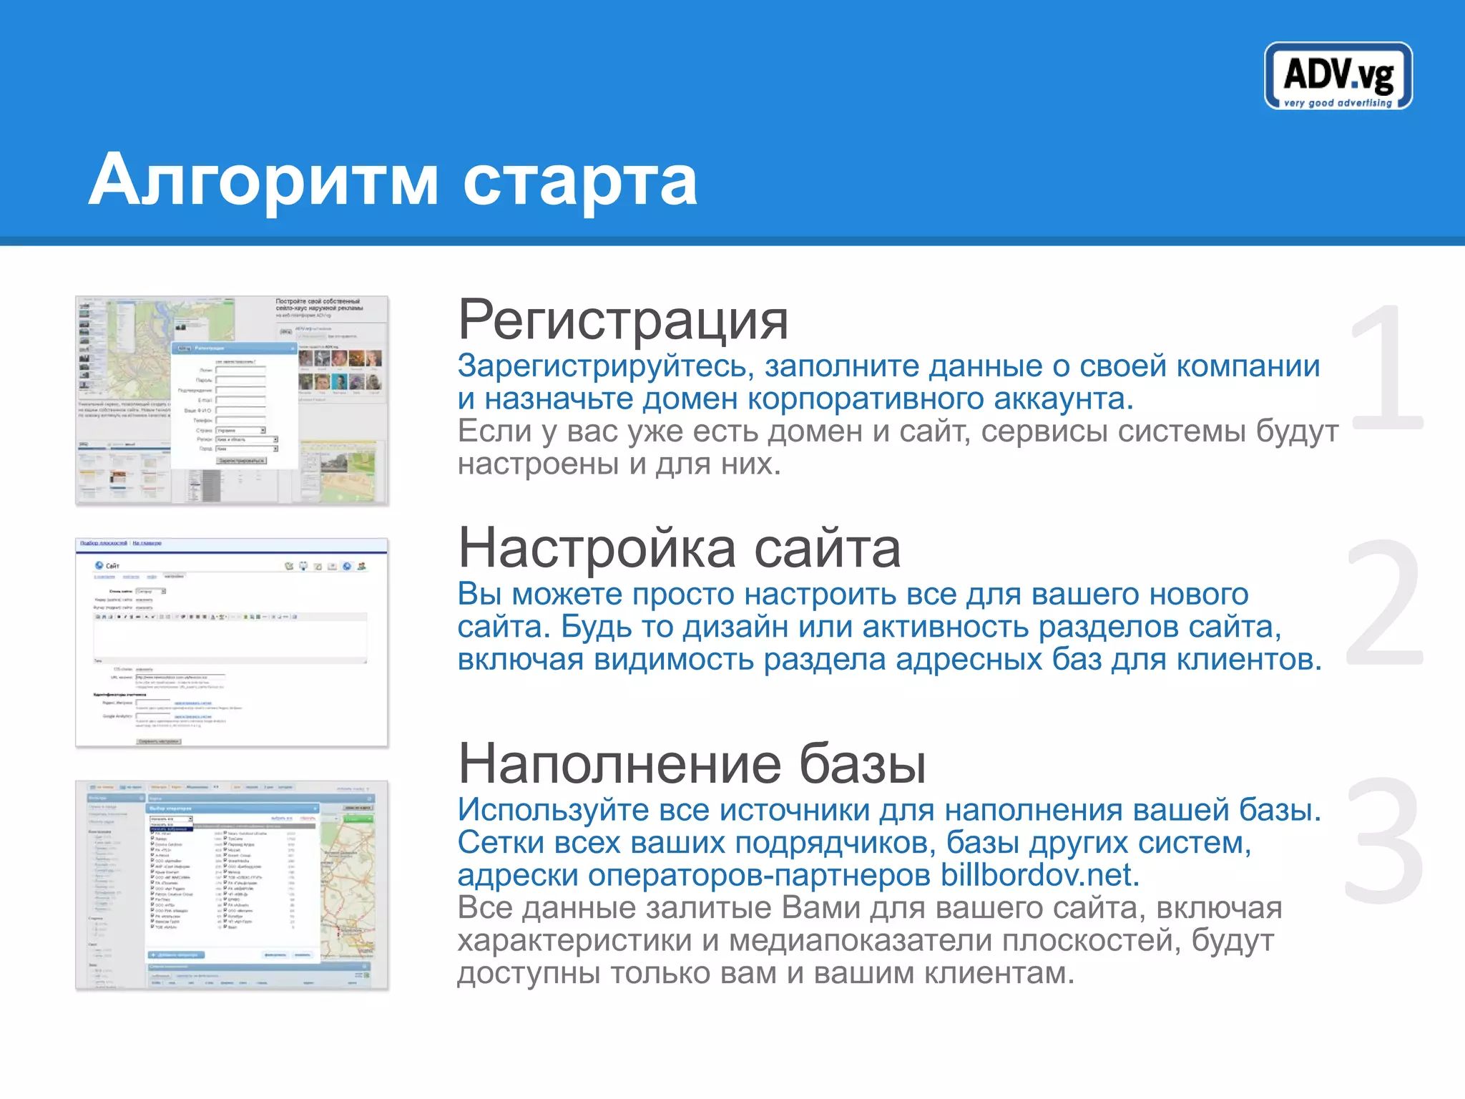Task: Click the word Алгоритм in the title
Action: [x=263, y=180]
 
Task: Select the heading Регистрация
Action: [x=622, y=321]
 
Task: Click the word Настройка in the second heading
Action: [x=597, y=549]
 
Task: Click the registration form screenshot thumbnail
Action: [x=232, y=400]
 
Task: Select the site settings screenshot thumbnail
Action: [x=232, y=642]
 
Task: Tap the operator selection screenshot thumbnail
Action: [x=232, y=885]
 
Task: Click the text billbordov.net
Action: [x=1039, y=875]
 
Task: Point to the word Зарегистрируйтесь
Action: [x=606, y=366]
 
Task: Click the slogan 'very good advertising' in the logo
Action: [x=1338, y=103]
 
